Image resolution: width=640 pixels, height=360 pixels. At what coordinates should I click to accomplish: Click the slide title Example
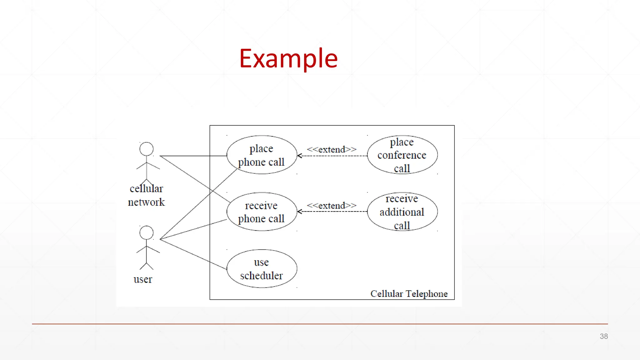[288, 58]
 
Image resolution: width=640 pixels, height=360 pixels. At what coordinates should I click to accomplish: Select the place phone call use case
[262, 155]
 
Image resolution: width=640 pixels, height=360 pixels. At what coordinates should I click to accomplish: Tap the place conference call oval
[402, 155]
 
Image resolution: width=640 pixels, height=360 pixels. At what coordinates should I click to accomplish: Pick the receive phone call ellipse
[262, 212]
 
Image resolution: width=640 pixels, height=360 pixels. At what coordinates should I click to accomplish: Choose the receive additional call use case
[402, 212]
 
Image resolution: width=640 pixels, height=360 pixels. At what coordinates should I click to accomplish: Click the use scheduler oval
[262, 268]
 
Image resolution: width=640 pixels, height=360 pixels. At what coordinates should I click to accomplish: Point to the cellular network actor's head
[146, 149]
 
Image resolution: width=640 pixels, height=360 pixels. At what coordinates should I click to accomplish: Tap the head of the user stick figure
[146, 233]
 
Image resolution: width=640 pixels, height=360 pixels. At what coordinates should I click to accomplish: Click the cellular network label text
[146, 195]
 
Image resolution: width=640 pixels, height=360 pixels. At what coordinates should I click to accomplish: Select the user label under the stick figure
[143, 279]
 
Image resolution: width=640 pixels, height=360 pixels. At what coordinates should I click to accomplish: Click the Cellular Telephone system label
[409, 294]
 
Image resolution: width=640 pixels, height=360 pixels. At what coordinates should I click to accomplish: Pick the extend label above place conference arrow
[332, 149]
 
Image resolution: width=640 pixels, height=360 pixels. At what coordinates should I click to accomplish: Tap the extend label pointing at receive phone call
[332, 206]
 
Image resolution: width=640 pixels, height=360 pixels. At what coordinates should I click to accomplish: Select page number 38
[604, 336]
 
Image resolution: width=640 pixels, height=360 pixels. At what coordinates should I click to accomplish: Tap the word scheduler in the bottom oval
[262, 276]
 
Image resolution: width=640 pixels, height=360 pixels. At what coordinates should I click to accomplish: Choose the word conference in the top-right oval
[402, 155]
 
